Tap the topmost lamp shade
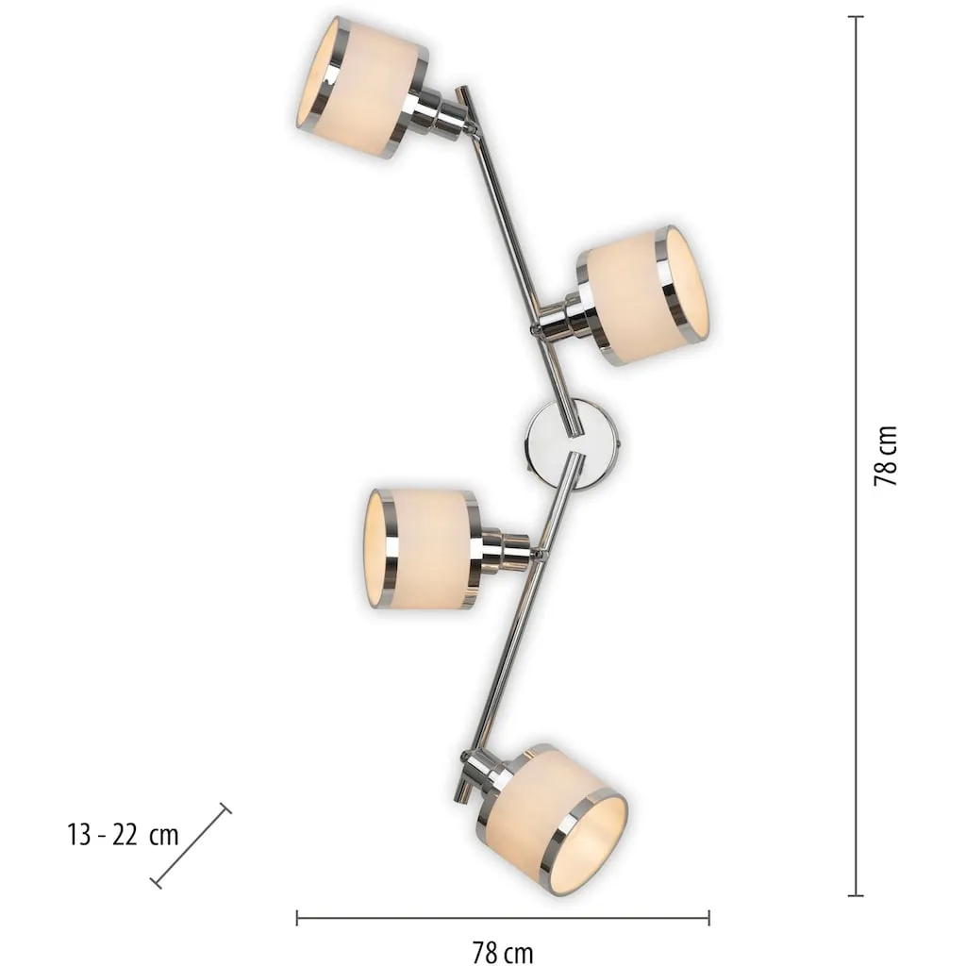pyautogui.click(x=362, y=86)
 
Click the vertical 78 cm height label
pyautogui.click(x=885, y=456)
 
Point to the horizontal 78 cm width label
pyautogui.click(x=503, y=952)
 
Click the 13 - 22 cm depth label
pyautogui.click(x=123, y=836)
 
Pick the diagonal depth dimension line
pyautogui.click(x=191, y=845)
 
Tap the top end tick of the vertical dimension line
pyautogui.click(x=855, y=17)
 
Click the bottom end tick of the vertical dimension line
pyautogui.click(x=855, y=895)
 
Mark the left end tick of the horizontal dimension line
pyautogui.click(x=297, y=918)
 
